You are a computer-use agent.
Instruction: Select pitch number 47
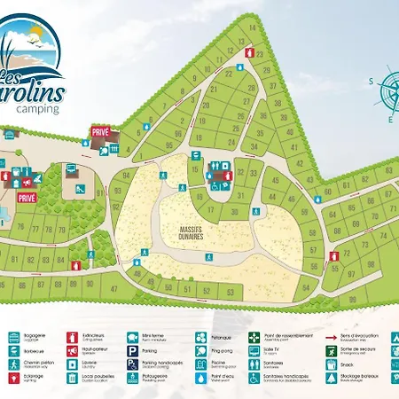(114, 289)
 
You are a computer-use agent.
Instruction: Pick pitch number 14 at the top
(252, 27)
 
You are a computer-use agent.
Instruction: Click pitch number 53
(229, 292)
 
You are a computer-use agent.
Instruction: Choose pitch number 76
(19, 226)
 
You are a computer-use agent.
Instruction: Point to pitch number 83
(30, 260)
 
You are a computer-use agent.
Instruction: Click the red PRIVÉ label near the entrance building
(99, 132)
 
